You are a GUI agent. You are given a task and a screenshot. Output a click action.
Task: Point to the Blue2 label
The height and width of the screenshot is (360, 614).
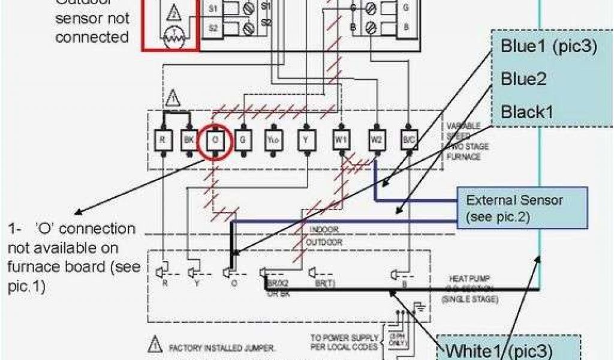click(x=523, y=79)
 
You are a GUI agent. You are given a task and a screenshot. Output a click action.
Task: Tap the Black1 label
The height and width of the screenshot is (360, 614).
click(x=527, y=111)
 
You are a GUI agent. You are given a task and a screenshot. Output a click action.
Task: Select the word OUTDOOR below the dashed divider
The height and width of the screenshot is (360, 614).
click(x=324, y=242)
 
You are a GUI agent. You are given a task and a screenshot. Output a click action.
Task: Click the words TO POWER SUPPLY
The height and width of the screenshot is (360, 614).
click(x=344, y=337)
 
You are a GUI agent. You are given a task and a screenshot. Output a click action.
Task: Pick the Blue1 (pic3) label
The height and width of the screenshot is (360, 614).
click(x=548, y=47)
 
